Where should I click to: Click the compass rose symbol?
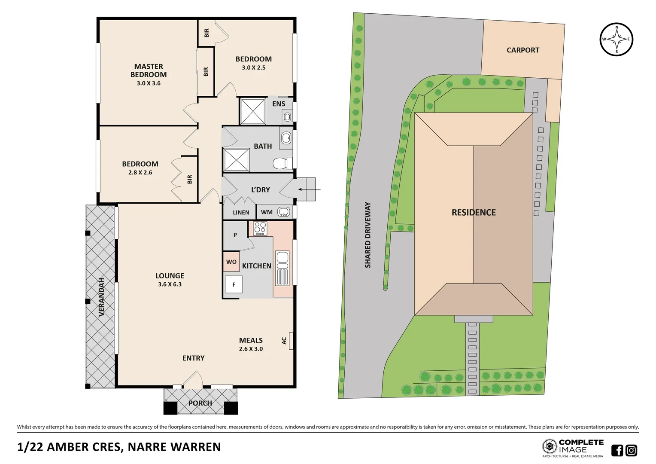click(617, 40)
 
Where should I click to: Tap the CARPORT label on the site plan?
click(522, 50)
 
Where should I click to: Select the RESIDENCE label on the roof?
click(474, 213)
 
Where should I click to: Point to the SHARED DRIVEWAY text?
click(367, 235)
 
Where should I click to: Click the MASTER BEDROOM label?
click(149, 70)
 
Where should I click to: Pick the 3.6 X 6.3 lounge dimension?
click(170, 284)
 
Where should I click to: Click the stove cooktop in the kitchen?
click(260, 228)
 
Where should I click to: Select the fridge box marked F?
click(234, 284)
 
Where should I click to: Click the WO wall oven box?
click(231, 262)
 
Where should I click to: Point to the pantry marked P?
click(235, 235)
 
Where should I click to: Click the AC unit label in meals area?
click(284, 341)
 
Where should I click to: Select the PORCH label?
click(200, 403)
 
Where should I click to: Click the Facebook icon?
click(617, 450)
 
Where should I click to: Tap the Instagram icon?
click(631, 450)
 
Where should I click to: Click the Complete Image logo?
click(573, 448)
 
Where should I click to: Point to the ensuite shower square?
click(252, 111)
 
